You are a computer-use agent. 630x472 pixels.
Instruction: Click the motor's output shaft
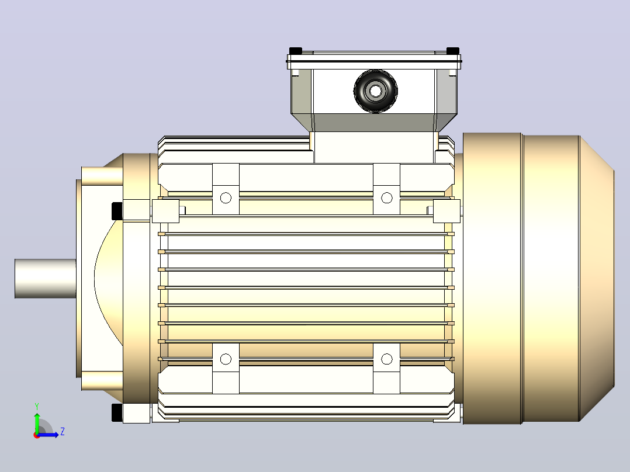pyautogui.click(x=46, y=279)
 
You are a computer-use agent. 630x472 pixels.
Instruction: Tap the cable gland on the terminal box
pyautogui.click(x=376, y=91)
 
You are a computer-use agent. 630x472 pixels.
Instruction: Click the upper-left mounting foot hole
pyautogui.click(x=226, y=198)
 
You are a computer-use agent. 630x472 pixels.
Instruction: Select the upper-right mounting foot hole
pyautogui.click(x=386, y=197)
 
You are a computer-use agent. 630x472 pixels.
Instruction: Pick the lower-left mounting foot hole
pyautogui.click(x=226, y=359)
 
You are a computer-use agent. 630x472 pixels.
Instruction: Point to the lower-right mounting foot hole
pyautogui.click(x=386, y=359)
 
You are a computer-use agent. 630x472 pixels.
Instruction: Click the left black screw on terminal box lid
pyautogui.click(x=295, y=51)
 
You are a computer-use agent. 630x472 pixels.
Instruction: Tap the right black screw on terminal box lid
pyautogui.click(x=453, y=51)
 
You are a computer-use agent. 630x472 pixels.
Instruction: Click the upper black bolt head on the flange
pyautogui.click(x=117, y=211)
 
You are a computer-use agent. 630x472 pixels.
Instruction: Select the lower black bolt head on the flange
pyautogui.click(x=117, y=412)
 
